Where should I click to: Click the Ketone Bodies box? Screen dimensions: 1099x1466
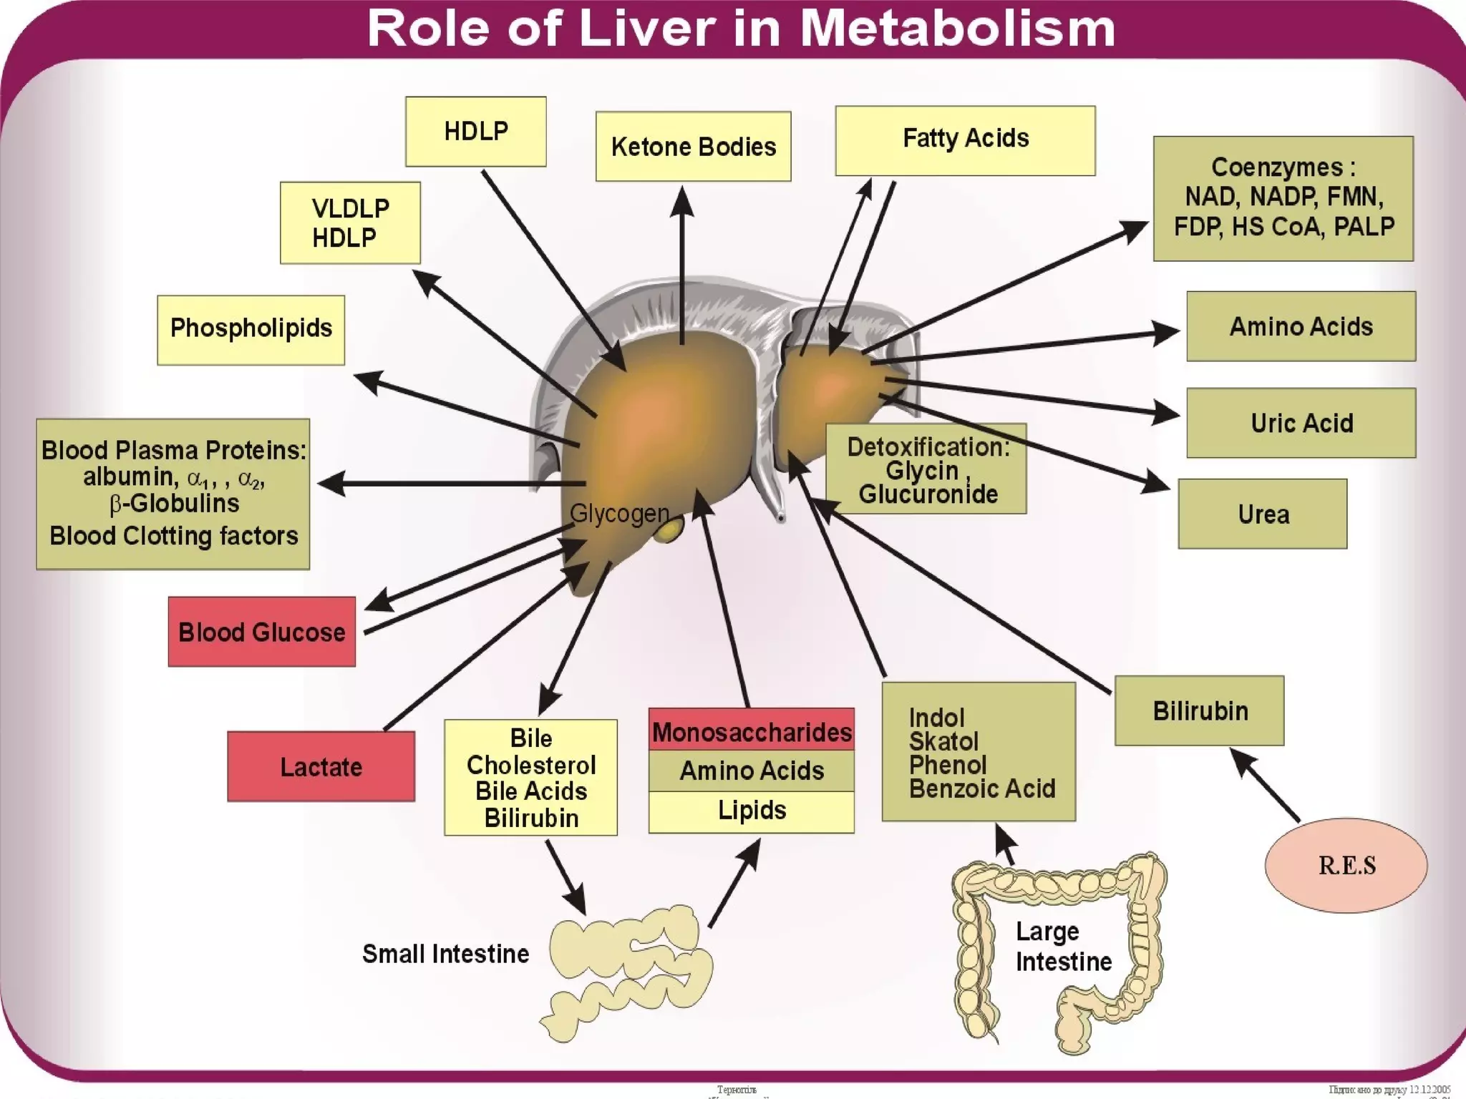click(x=693, y=146)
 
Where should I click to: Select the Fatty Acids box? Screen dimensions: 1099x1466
click(x=965, y=140)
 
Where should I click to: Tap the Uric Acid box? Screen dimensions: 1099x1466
click(x=1301, y=423)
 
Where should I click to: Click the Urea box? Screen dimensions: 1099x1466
click(x=1262, y=514)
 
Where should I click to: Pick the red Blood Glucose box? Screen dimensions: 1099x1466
click(x=261, y=632)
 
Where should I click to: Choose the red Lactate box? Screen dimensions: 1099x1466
click(x=321, y=766)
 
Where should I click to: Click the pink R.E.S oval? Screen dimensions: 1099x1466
click(x=1346, y=865)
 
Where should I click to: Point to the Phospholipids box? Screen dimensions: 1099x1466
click(x=251, y=330)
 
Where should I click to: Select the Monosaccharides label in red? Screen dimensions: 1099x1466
click(x=751, y=731)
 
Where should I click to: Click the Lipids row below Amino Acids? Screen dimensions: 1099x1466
click(x=751, y=811)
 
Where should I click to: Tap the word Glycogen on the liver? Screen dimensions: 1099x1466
click(x=619, y=513)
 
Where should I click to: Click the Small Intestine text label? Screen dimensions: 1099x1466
click(x=445, y=953)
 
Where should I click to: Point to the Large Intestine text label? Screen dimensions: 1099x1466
click(x=1062, y=946)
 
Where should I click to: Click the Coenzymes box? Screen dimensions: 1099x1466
click(x=1283, y=198)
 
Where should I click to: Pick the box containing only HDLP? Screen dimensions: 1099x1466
click(x=475, y=132)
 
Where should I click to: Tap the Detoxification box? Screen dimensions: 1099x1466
click(x=926, y=469)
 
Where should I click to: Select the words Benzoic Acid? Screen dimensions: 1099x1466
click(x=982, y=788)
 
